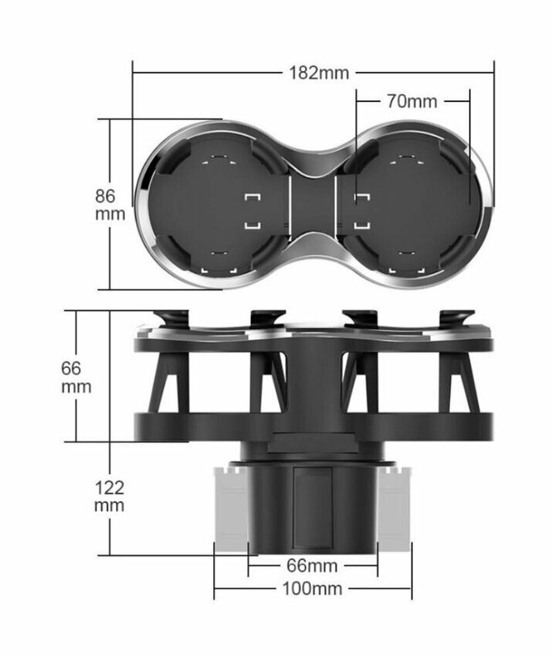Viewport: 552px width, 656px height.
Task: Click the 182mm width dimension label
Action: tap(319, 73)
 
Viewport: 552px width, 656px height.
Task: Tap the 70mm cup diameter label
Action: tap(411, 101)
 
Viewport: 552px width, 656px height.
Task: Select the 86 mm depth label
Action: tap(110, 205)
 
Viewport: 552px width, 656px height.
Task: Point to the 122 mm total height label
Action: tap(109, 496)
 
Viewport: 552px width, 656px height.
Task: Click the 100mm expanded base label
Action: tap(313, 588)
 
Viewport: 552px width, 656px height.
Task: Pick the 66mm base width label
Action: tap(312, 566)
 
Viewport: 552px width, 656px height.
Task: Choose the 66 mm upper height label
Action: tap(76, 377)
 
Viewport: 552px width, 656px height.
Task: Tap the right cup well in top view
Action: tap(408, 205)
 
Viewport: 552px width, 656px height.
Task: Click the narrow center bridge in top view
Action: tap(313, 205)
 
